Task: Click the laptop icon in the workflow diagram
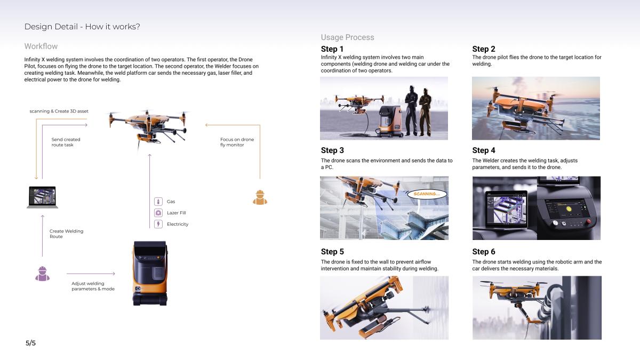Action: (42, 197)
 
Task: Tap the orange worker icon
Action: (260, 197)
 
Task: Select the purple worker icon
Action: (42, 274)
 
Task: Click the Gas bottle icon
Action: (158, 202)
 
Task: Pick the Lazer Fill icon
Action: (158, 213)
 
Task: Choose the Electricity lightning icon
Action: (158, 224)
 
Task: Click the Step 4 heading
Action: (483, 150)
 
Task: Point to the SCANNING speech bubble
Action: (427, 194)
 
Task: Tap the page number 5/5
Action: (30, 343)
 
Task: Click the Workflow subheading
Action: (41, 46)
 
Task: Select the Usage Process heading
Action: (347, 37)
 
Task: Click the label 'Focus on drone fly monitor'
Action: (237, 142)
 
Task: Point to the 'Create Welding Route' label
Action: (66, 234)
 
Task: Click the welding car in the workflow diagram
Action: (150, 274)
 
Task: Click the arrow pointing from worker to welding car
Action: (91, 274)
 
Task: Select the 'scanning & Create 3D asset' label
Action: (59, 111)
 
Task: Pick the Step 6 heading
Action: (483, 252)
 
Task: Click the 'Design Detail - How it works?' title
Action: (82, 27)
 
